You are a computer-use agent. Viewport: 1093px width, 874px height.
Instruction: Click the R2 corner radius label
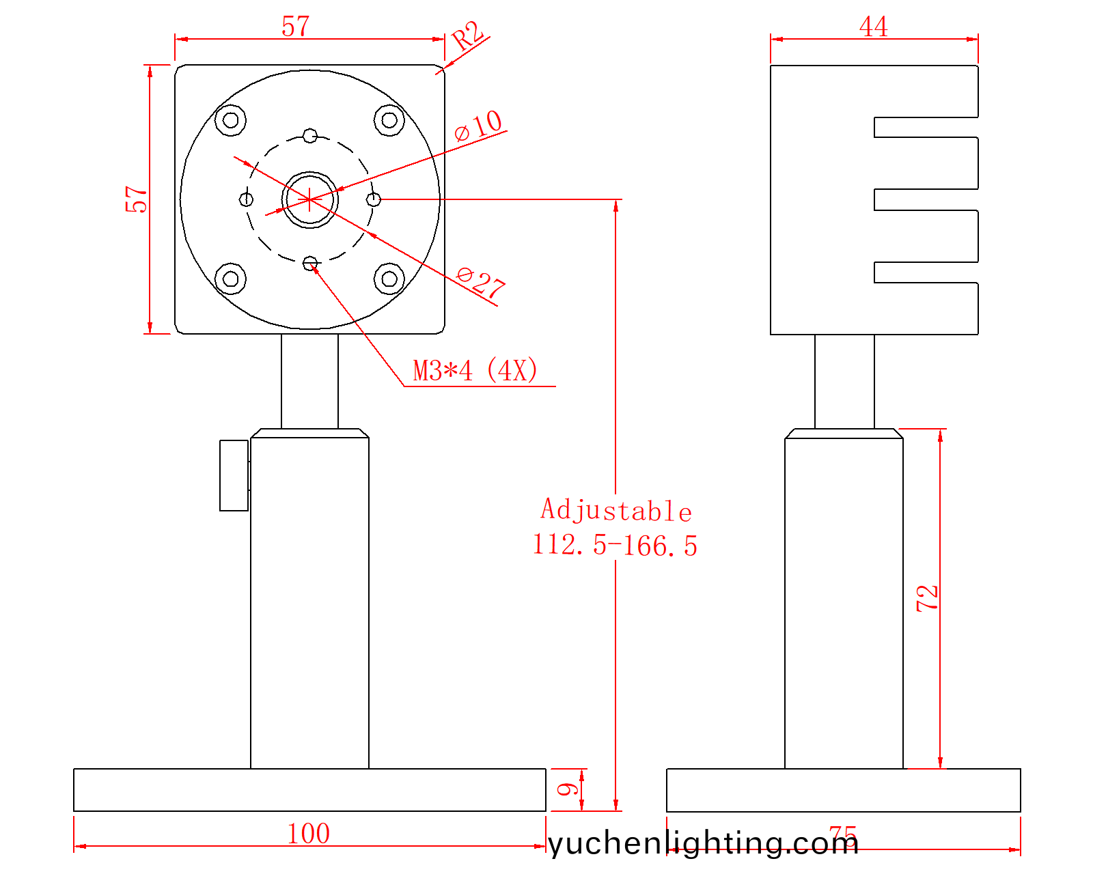[x=469, y=36]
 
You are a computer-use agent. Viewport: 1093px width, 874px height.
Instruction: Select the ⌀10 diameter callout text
[x=479, y=126]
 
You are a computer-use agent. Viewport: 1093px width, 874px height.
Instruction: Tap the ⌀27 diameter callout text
[x=481, y=282]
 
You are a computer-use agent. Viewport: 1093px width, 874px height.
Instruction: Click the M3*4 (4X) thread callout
[x=475, y=371]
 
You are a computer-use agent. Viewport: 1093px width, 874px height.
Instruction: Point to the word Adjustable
[x=616, y=510]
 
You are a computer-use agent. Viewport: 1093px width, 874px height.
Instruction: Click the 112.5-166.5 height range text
[x=615, y=546]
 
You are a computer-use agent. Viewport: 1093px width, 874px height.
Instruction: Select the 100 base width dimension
[x=308, y=834]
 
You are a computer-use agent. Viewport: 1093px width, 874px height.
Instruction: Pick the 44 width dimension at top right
[x=873, y=27]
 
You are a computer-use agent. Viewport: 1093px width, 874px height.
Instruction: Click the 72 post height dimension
[x=928, y=598]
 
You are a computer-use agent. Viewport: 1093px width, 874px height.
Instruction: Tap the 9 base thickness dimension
[x=568, y=789]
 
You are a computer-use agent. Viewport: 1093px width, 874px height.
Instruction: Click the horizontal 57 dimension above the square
[x=295, y=27]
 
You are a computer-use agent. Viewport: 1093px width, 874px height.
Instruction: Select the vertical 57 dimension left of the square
[x=137, y=199]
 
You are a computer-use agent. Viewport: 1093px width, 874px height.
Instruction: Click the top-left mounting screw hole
[x=231, y=120]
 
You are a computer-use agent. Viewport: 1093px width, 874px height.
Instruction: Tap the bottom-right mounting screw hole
[x=389, y=279]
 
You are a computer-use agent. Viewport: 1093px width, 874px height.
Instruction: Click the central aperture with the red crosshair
[x=309, y=199]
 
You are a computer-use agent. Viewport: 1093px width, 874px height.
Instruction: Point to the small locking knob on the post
[x=234, y=475]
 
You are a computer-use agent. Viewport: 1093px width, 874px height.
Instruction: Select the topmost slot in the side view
[x=926, y=127]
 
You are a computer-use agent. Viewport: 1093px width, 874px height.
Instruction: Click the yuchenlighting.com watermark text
[x=704, y=843]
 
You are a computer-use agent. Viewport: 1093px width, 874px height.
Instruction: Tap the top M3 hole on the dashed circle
[x=310, y=135]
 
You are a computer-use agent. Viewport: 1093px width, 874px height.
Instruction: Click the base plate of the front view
[x=309, y=790]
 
